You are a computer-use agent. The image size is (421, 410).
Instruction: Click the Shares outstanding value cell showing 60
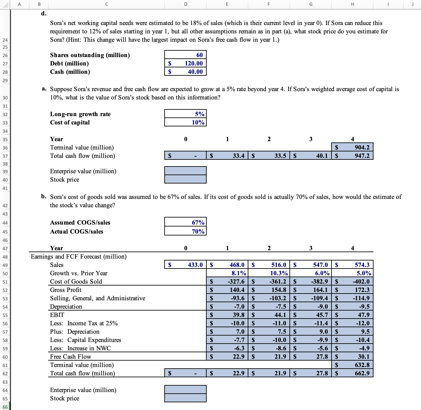[x=185, y=55]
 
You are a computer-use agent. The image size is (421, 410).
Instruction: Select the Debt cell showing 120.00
[x=185, y=63]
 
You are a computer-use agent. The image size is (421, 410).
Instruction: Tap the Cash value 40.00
[x=185, y=72]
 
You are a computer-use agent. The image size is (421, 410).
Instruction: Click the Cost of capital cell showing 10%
[x=185, y=122]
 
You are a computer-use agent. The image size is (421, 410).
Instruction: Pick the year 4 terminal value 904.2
[x=352, y=147]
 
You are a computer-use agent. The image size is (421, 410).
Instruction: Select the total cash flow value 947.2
[x=352, y=156]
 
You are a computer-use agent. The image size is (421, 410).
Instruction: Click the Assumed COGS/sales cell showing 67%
[x=185, y=222]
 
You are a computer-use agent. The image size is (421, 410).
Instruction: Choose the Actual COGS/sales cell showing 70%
[x=185, y=231]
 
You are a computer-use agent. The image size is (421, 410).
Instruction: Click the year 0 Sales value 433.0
[x=185, y=265]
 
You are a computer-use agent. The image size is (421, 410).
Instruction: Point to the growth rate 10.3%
[x=269, y=273]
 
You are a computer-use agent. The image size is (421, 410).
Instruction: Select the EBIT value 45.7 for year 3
[x=311, y=315]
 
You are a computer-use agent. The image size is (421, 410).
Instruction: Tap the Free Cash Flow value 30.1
[x=352, y=356]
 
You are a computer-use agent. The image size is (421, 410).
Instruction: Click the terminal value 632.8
[x=352, y=365]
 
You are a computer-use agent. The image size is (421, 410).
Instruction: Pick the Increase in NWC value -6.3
[x=227, y=348]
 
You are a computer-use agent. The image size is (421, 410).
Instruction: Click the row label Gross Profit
[x=66, y=290]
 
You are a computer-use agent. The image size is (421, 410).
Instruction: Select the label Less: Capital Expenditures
[x=85, y=340]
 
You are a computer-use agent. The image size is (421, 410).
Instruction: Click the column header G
[x=311, y=4]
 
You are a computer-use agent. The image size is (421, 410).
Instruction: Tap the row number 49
[x=5, y=265]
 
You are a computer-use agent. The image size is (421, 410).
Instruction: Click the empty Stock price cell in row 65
[x=185, y=398]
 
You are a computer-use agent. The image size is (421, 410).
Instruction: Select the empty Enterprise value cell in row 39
[x=185, y=171]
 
